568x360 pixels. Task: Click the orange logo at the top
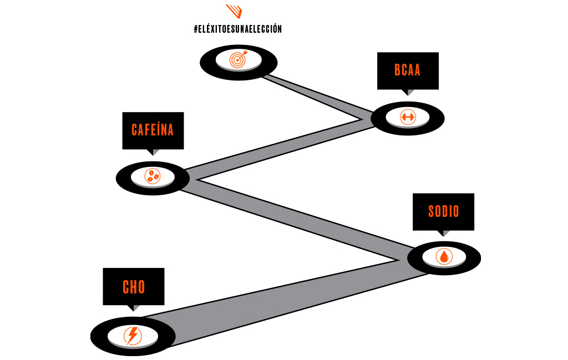234,11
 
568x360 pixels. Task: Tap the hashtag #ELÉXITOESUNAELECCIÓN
237,29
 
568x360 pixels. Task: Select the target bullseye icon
238,59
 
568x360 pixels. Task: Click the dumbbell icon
408,116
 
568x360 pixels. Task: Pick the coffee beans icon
152,176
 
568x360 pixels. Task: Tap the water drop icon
444,256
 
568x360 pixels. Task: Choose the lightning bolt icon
133,335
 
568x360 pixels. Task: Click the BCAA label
408,70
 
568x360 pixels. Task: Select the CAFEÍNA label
153,130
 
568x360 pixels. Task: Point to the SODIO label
443,211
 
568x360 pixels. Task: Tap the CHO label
134,287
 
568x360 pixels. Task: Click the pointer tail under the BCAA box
410,92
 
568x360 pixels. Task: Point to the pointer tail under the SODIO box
445,233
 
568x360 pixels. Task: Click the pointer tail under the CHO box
135,308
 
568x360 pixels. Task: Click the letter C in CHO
126,287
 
